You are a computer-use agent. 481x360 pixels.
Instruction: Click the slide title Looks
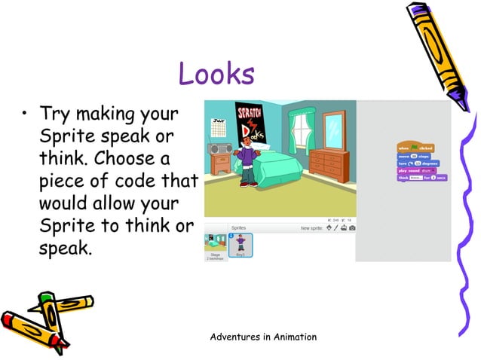[x=216, y=74]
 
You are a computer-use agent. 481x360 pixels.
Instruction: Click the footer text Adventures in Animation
[x=263, y=336]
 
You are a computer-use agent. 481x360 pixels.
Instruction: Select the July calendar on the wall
[x=219, y=130]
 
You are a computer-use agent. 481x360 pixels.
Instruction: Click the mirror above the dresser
[x=332, y=130]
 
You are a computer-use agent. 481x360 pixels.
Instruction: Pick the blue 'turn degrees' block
[x=418, y=163]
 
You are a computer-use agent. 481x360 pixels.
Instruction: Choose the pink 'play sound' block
[x=413, y=170]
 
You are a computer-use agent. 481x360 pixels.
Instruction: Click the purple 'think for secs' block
[x=421, y=178]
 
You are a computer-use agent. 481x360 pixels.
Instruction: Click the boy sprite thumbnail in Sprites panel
[x=240, y=244]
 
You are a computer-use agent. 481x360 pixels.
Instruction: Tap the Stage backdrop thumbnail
[x=216, y=244]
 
